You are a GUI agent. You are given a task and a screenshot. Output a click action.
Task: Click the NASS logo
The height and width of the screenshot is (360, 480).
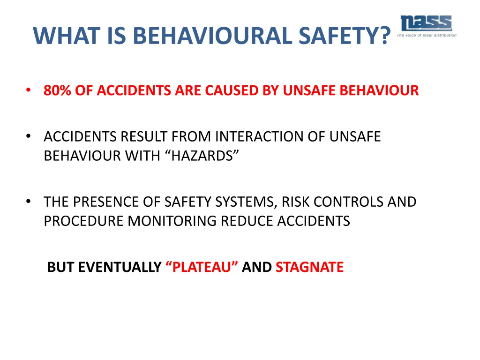426,23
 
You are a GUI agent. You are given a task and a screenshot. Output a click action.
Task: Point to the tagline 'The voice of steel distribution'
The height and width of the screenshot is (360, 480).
426,35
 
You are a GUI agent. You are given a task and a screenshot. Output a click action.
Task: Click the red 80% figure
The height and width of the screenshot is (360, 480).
57,90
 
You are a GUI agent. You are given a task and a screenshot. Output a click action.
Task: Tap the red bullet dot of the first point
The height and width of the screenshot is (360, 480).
29,90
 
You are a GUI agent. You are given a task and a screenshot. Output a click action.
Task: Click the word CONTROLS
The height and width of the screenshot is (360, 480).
351,202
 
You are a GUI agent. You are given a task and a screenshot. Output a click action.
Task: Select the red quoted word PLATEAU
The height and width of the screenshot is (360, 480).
202,267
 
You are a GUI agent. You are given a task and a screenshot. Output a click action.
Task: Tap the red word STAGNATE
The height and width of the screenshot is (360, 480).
309,267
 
